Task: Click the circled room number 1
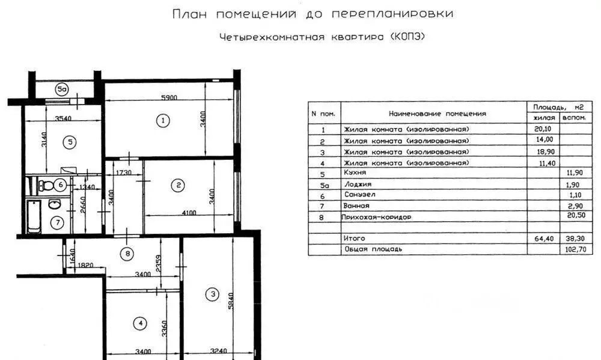pyautogui.click(x=163, y=120)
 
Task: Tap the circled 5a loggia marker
pyautogui.click(x=61, y=90)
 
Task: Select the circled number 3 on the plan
pyautogui.click(x=212, y=294)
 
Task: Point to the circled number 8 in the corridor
pyautogui.click(x=127, y=254)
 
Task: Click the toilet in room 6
pyautogui.click(x=46, y=186)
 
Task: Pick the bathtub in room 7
pyautogui.click(x=34, y=216)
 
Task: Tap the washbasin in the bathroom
pyautogui.click(x=55, y=204)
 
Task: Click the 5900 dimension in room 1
pyautogui.click(x=169, y=97)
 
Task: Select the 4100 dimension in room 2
pyautogui.click(x=189, y=213)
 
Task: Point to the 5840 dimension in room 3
pyautogui.click(x=230, y=301)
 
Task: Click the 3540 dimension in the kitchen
pyautogui.click(x=63, y=118)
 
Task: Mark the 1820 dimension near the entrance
pyautogui.click(x=85, y=265)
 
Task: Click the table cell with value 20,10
pyautogui.click(x=543, y=129)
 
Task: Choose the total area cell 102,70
pyautogui.click(x=575, y=249)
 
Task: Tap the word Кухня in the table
pyautogui.click(x=355, y=173)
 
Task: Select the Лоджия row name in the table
pyautogui.click(x=358, y=185)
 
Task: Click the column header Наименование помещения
pyautogui.click(x=438, y=114)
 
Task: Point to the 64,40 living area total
pyautogui.click(x=544, y=239)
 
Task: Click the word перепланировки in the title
pyautogui.click(x=392, y=14)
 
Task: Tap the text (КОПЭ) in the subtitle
pyautogui.click(x=407, y=37)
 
